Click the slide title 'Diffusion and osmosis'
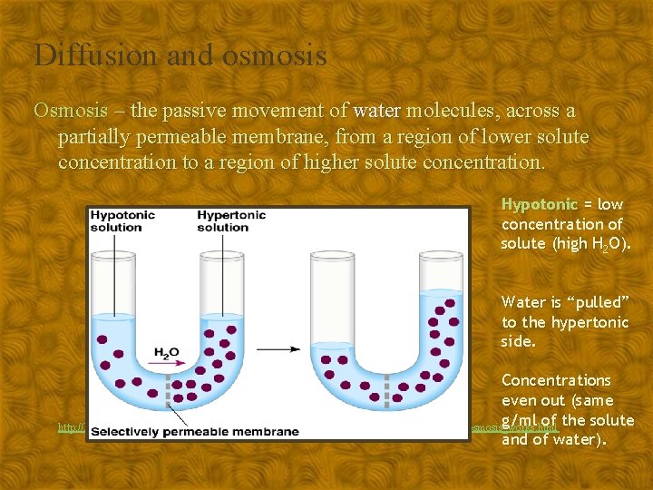[180, 55]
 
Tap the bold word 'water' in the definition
[376, 111]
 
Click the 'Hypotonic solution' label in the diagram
[122, 220]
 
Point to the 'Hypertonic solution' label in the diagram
[231, 220]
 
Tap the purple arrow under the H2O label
[171, 363]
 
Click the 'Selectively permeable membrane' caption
[195, 430]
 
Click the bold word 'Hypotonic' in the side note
[539, 204]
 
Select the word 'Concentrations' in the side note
[556, 380]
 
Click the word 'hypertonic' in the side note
[578, 322]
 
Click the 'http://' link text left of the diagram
[71, 426]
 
